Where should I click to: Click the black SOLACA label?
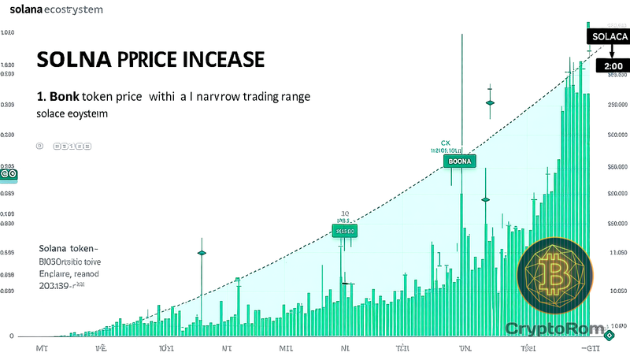click(608, 37)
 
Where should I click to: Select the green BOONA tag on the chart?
click(459, 161)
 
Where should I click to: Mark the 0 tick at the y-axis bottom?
click(11, 336)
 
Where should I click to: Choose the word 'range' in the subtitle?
click(289, 97)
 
